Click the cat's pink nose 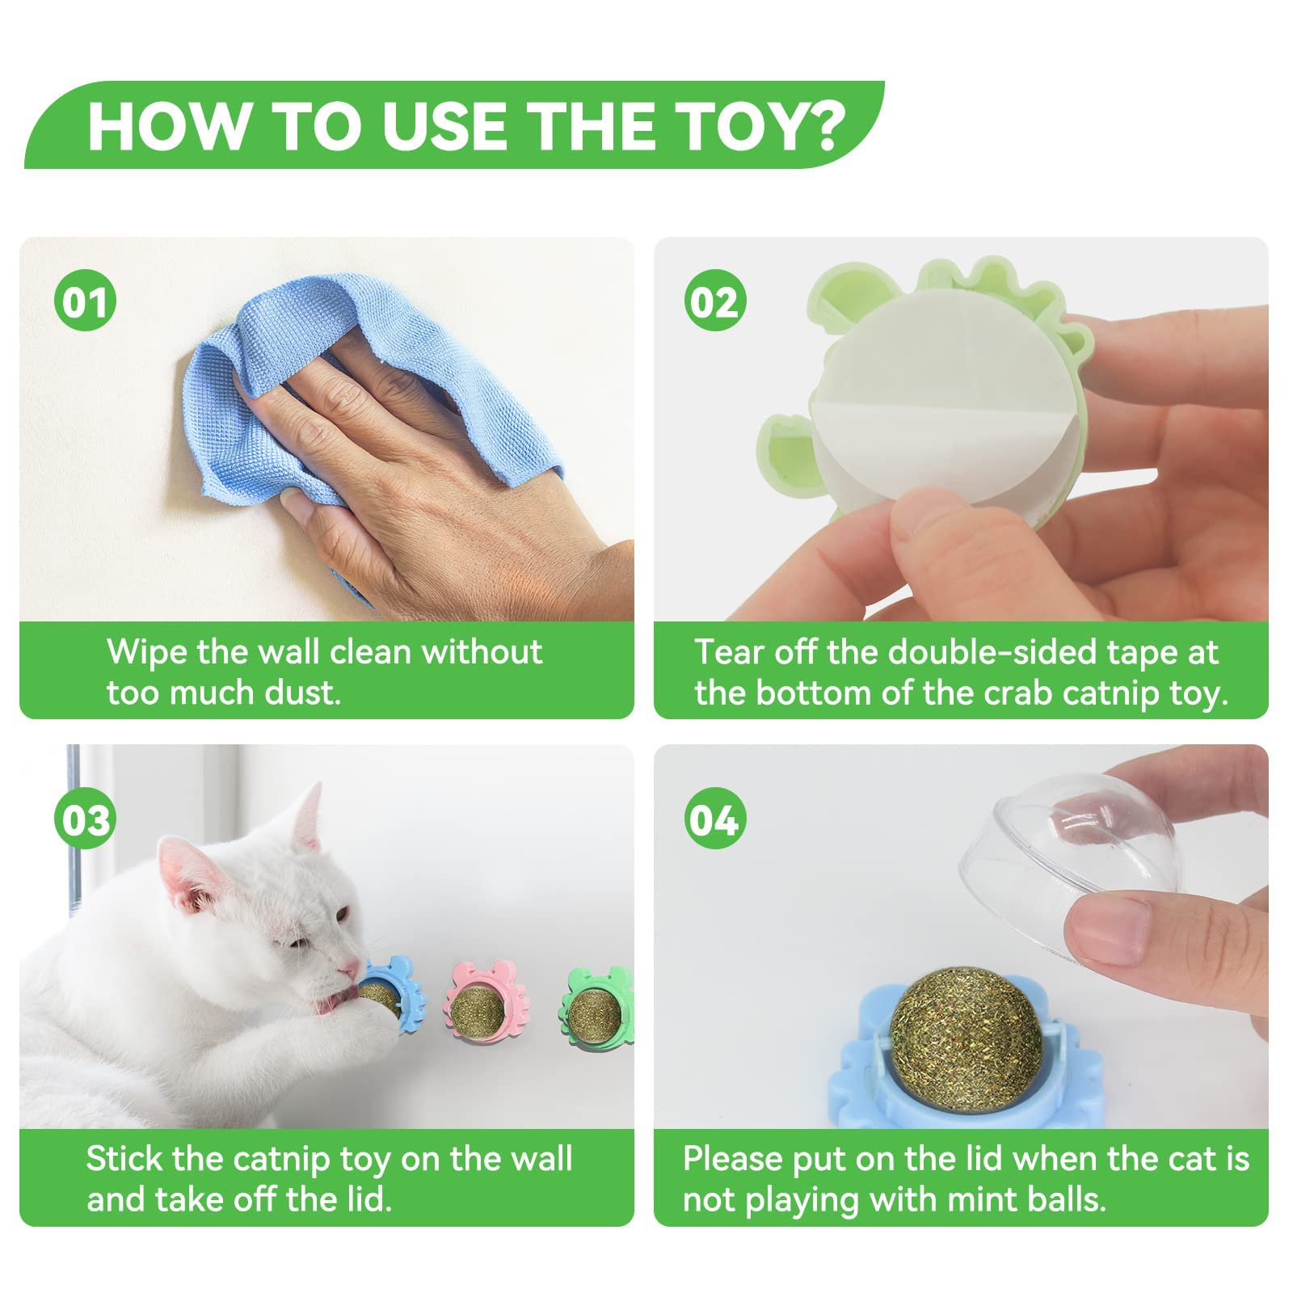(348, 967)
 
